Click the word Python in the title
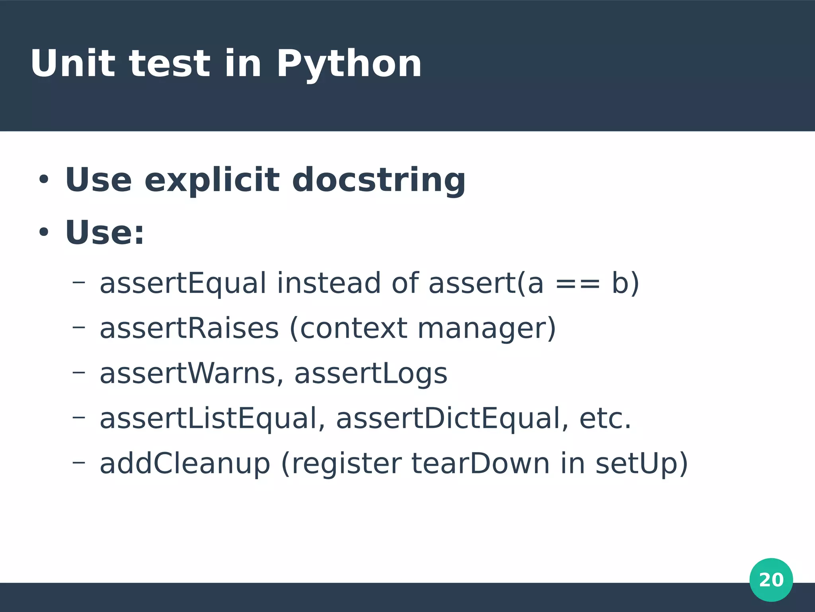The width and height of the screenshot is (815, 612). pos(349,64)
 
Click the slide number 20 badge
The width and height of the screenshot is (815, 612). pos(771,580)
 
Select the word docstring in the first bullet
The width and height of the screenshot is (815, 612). pos(378,180)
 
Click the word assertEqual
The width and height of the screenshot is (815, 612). pos(183,283)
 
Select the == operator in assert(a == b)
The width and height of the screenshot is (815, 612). pos(577,283)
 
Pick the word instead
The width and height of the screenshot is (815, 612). pos(329,283)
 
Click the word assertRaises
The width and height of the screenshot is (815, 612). pos(189,328)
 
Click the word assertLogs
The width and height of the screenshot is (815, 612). pos(370,374)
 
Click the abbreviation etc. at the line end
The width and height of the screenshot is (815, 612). pos(605,419)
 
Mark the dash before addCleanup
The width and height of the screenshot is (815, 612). pos(78,462)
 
